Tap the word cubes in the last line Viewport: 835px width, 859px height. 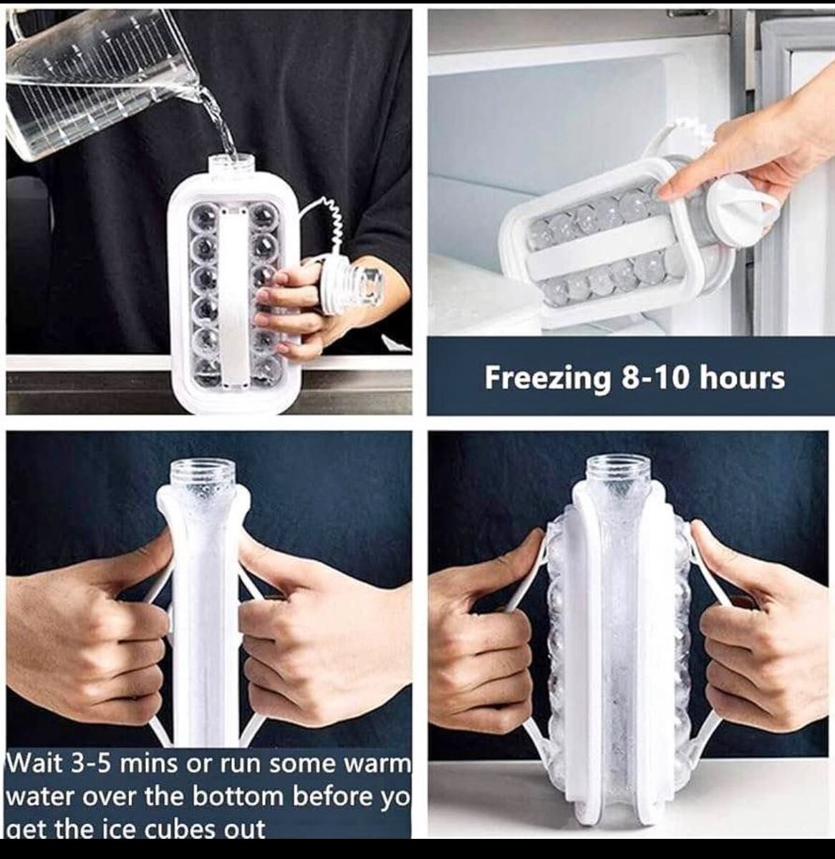pyautogui.click(x=178, y=828)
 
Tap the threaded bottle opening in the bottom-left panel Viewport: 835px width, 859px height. pyautogui.click(x=203, y=475)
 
